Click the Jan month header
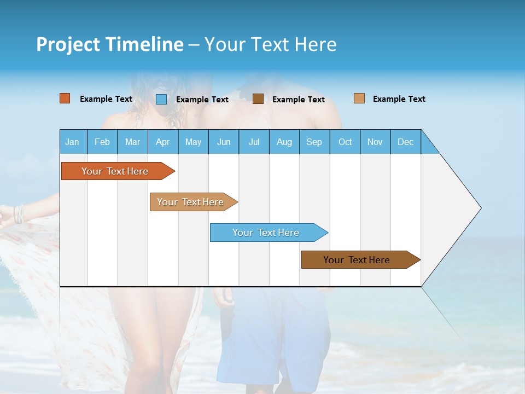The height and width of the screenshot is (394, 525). [x=72, y=142]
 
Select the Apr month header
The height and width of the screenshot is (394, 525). [x=163, y=142]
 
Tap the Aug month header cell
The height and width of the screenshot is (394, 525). [x=284, y=142]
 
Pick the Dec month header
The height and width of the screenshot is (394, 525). [x=405, y=142]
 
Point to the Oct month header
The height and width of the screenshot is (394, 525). [x=345, y=142]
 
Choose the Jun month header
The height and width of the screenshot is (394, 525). [x=224, y=142]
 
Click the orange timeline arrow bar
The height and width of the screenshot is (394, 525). [x=115, y=171]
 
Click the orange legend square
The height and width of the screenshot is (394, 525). [x=65, y=99]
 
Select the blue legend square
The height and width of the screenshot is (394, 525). [x=161, y=99]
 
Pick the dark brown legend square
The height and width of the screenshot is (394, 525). [x=258, y=99]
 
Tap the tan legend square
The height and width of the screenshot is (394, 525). [x=359, y=99]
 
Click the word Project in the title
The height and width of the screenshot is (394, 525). [x=68, y=44]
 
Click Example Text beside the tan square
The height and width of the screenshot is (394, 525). [x=399, y=99]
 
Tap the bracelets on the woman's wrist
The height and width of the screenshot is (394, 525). [x=19, y=213]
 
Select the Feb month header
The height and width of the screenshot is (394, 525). [x=102, y=142]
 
